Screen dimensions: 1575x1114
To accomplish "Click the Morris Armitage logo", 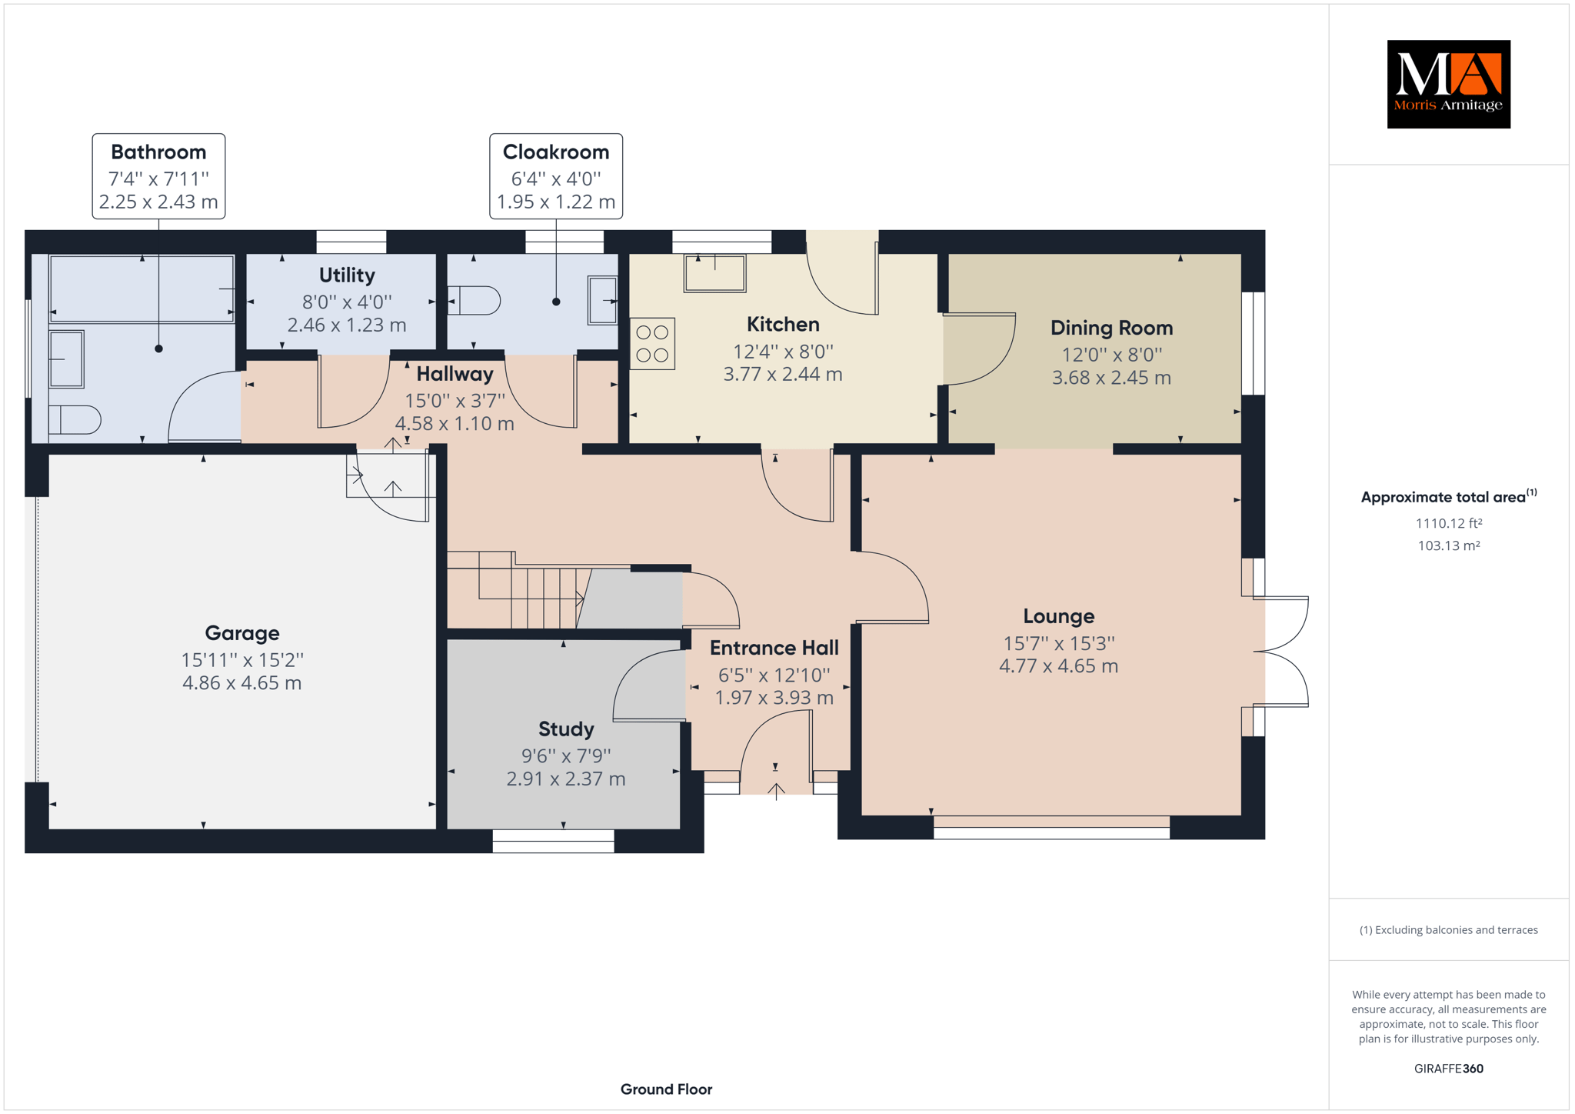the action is tap(1448, 84).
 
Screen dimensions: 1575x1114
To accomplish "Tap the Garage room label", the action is tap(242, 633).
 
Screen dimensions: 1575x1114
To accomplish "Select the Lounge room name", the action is tap(1058, 616).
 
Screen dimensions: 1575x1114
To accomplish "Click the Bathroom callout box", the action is tap(158, 176).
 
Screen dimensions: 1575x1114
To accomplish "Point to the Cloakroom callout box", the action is tap(556, 176).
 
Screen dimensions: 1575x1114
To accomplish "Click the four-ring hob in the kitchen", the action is tap(652, 343).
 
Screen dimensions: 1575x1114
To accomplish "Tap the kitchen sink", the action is tap(715, 273).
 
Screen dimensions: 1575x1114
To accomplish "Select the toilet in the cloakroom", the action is tap(474, 300).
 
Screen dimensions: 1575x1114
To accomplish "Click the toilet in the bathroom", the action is tap(75, 420).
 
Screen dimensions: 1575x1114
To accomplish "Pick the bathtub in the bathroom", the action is tap(142, 289).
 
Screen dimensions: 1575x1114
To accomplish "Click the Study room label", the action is tap(566, 729).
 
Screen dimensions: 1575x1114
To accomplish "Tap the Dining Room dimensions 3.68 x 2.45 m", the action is tap(1111, 378).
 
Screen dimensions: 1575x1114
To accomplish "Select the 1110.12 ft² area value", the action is tap(1449, 523).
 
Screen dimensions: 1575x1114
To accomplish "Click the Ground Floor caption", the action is tap(666, 1089).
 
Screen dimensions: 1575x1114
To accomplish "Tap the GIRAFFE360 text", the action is tap(1449, 1069).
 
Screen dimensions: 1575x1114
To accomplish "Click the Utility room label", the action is tap(347, 275).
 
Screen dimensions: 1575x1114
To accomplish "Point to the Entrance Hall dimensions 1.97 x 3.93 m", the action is tap(774, 698).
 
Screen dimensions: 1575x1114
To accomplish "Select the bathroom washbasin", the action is tap(67, 359).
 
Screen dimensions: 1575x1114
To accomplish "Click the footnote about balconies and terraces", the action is tap(1449, 930).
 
